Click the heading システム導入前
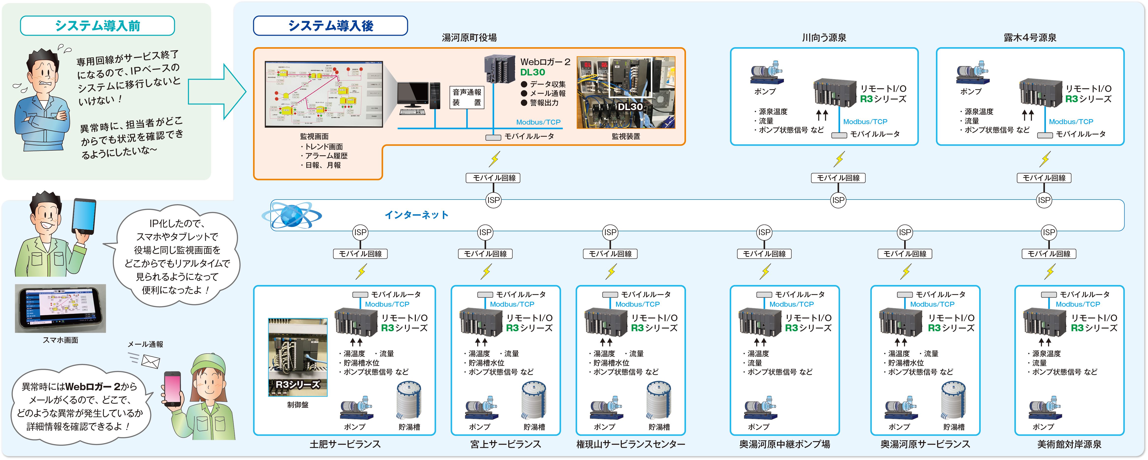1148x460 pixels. (97, 26)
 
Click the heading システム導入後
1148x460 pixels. (330, 26)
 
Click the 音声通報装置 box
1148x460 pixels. (466, 97)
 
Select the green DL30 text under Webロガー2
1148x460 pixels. (533, 72)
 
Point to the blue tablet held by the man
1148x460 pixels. (84, 216)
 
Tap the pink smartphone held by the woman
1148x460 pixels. (172, 388)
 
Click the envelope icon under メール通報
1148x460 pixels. (150, 361)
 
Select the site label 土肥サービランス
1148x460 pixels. (345, 444)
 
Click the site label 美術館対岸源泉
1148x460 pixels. (1069, 444)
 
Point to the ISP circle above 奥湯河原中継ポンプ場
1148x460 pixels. (764, 232)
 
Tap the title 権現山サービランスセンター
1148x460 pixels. (631, 444)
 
